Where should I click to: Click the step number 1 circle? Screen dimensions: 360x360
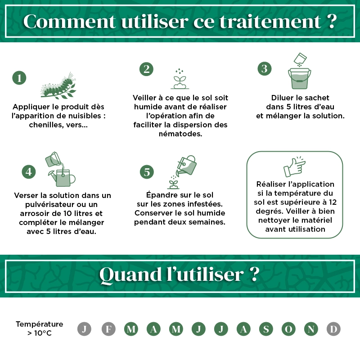pos(19,78)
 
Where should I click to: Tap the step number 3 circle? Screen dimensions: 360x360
pos(265,69)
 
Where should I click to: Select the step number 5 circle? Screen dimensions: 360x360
pos(147,172)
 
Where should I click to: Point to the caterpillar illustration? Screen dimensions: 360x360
pos(58,85)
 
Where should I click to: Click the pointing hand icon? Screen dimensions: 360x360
pos(294,166)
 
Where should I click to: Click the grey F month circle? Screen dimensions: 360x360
pos(108,329)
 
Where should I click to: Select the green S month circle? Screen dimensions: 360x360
pos(266,329)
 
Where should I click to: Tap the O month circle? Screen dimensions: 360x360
pos(288,329)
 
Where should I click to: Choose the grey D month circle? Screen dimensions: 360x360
pos(333,329)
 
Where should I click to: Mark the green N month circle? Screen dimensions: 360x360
pos(311,329)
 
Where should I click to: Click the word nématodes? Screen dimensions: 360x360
pos(180,134)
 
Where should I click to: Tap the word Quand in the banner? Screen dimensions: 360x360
pos(130,274)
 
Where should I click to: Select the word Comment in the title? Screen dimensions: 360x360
pos(70,21)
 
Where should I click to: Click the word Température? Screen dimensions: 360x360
pos(40,324)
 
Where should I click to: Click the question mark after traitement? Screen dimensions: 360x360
pos(332,21)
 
